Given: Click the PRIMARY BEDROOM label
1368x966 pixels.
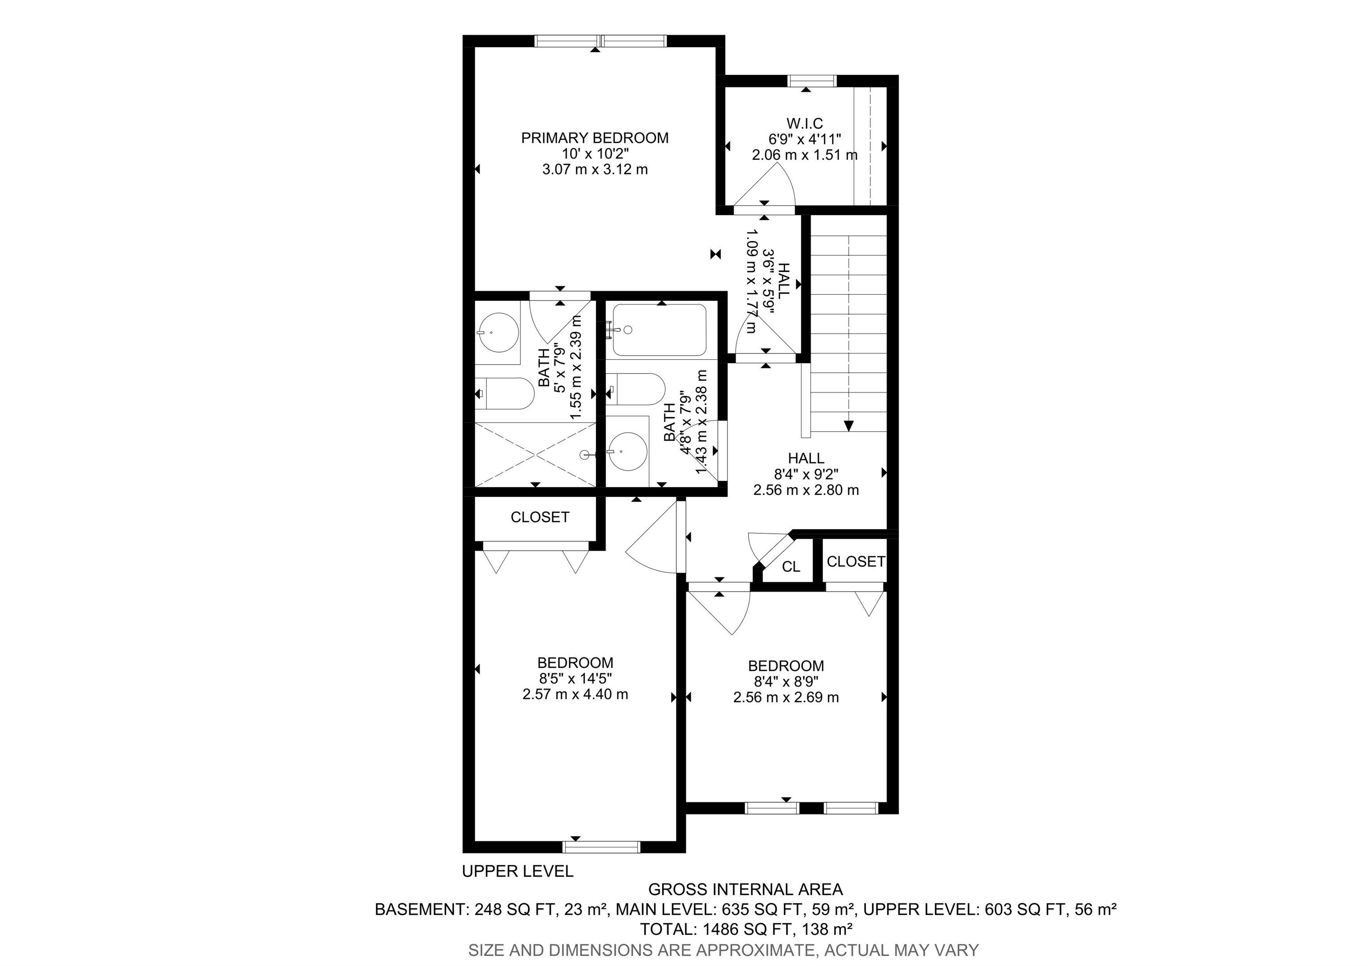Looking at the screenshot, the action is [594, 138].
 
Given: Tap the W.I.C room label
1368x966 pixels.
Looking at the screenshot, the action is [804, 123].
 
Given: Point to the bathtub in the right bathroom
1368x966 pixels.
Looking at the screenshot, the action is [660, 331].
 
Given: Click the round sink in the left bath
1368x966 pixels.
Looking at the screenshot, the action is [497, 333].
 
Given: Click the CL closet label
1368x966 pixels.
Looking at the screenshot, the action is [790, 566].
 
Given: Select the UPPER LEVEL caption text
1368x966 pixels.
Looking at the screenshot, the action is [517, 871].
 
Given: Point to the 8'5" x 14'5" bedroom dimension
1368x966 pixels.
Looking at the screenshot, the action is [575, 678].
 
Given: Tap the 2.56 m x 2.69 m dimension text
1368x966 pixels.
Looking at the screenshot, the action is [786, 697].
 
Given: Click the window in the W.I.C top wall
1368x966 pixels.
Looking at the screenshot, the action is [812, 81].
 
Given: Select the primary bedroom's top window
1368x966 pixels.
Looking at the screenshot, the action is [600, 41].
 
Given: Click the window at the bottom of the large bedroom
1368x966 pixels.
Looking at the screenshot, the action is [602, 847].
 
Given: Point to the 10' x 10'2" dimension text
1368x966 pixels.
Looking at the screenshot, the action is [595, 154].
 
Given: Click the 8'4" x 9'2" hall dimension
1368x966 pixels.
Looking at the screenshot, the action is [806, 474].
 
